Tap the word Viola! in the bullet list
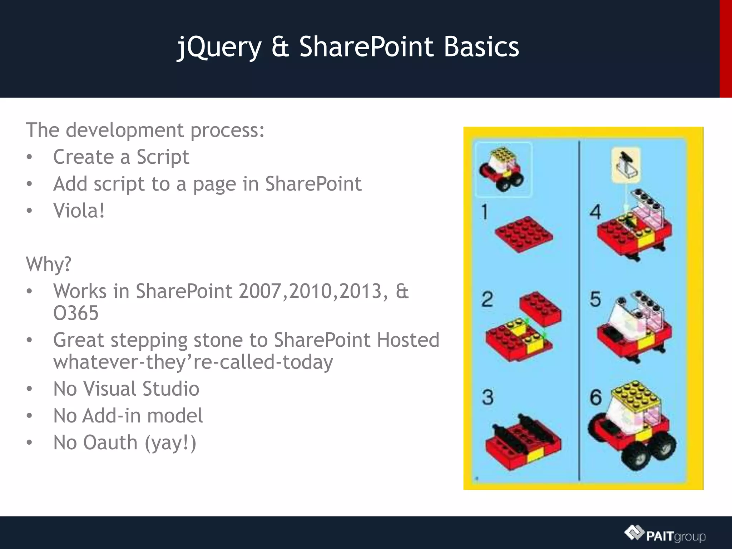pos(79,211)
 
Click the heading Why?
pos(49,264)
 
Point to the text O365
pos(76,313)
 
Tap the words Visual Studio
pos(141,389)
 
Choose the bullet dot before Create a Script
pos(29,157)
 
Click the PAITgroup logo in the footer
pos(665,535)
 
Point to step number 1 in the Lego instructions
pos(484,212)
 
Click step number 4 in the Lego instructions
pos(595,212)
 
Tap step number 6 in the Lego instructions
pos(595,397)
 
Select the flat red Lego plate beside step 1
pos(524,234)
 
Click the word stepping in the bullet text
pos(149,340)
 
